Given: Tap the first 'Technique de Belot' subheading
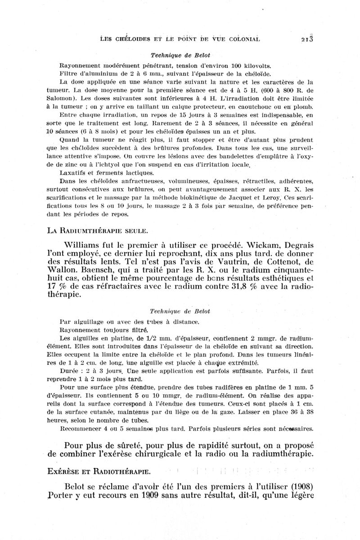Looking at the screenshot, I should point(180,55).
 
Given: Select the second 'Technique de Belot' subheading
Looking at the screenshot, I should point(180,311).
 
